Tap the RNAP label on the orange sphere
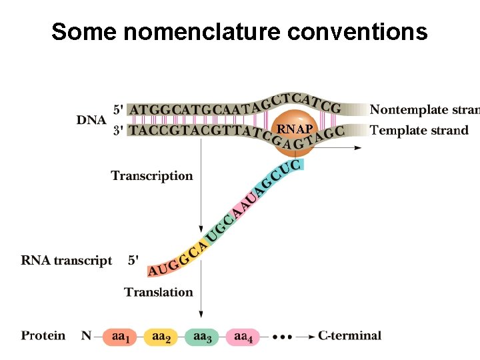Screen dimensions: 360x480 click(x=294, y=129)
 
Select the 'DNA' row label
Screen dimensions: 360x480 click(x=91, y=119)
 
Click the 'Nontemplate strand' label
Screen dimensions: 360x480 click(x=425, y=109)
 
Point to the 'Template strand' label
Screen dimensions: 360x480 click(x=419, y=130)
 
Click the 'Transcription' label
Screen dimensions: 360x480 click(x=152, y=176)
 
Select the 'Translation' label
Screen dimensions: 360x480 click(x=159, y=292)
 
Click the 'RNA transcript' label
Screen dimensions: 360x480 click(x=67, y=261)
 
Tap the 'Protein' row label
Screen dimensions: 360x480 click(x=43, y=335)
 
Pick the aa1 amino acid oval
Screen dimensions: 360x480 click(x=121, y=337)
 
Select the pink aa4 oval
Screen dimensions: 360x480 click(x=243, y=337)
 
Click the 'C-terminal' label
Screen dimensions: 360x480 click(x=349, y=335)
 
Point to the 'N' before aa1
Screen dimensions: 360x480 click(x=86, y=335)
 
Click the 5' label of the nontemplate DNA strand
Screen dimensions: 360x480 click(x=118, y=109)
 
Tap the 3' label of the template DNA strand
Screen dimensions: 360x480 click(x=118, y=130)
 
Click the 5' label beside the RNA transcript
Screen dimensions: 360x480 click(x=133, y=261)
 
